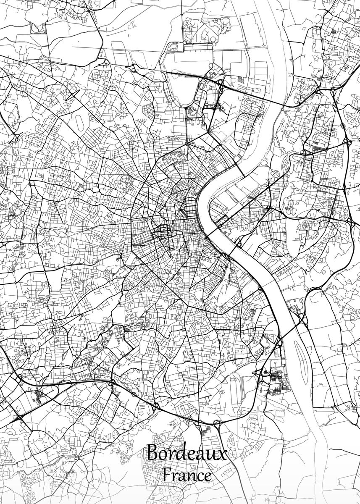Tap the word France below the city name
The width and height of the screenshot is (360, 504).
coord(187,476)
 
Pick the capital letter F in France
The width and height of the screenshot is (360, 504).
coord(167,475)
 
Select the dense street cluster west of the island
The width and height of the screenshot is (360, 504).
coord(275,380)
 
